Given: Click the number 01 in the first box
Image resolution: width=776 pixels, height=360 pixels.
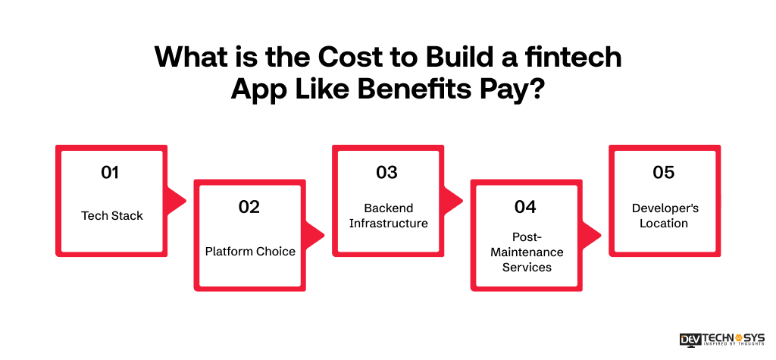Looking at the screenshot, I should (x=111, y=173).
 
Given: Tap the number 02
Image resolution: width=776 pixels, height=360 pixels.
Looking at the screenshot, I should (x=249, y=207).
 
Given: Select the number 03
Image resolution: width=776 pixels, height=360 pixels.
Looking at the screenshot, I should (x=386, y=173).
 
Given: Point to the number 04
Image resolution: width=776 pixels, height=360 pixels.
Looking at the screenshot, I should (x=525, y=207).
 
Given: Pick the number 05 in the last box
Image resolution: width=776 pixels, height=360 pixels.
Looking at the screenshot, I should (x=663, y=173).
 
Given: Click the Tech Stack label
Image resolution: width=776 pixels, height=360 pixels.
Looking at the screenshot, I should (x=112, y=216).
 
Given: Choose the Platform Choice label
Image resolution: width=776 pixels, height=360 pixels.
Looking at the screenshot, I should (x=250, y=252).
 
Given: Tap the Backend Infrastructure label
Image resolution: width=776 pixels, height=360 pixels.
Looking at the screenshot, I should (x=388, y=216).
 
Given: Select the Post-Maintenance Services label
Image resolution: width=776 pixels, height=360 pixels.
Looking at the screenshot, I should (x=527, y=252).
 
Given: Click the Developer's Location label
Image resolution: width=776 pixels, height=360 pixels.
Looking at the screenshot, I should (x=663, y=216).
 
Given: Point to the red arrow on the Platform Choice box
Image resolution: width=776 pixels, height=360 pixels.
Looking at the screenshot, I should (x=315, y=235).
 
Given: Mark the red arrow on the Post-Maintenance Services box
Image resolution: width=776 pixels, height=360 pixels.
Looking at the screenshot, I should (x=592, y=235).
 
